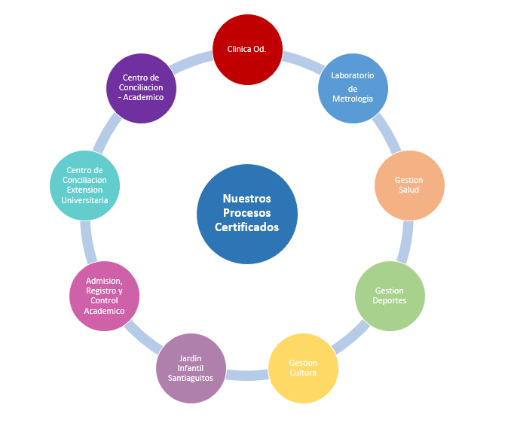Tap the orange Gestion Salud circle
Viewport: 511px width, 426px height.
(x=409, y=184)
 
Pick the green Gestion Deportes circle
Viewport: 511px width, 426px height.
(x=390, y=295)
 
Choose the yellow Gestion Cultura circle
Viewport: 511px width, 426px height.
(x=303, y=368)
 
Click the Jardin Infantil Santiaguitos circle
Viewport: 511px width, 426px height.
(x=191, y=368)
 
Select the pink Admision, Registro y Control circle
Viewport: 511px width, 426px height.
(x=104, y=296)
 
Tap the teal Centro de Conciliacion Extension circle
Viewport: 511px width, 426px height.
(x=85, y=185)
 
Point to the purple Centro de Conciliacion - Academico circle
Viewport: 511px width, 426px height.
(x=141, y=87)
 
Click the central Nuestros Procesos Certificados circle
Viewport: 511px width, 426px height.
(x=247, y=214)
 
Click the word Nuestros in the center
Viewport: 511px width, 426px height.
(x=247, y=199)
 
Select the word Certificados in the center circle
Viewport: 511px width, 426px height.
(x=247, y=227)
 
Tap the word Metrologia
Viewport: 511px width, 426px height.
(x=353, y=99)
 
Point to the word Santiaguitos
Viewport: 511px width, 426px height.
(x=191, y=378)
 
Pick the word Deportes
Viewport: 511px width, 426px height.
(x=390, y=300)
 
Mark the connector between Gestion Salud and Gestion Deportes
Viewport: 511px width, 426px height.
(x=405, y=242)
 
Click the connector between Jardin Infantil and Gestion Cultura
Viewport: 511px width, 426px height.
(x=247, y=374)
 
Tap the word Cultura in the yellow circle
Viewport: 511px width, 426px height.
(x=303, y=373)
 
